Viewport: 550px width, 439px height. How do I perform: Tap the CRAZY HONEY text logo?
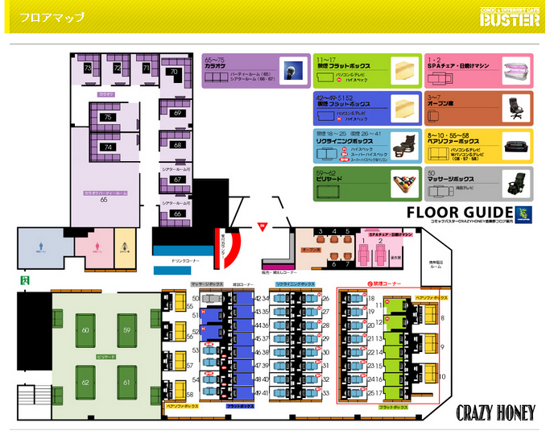click(x=495, y=412)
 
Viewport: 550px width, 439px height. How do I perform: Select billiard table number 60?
click(x=85, y=330)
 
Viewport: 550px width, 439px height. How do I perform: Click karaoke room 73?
click(x=88, y=69)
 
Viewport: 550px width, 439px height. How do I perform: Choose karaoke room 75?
click(x=106, y=118)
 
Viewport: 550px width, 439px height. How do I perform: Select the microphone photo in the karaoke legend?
click(x=292, y=70)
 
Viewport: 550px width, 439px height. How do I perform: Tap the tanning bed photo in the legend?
click(x=516, y=70)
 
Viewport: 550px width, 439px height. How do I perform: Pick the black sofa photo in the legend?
click(x=515, y=147)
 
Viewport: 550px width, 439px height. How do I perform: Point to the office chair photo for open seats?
click(x=515, y=106)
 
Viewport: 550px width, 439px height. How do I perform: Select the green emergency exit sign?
click(x=26, y=280)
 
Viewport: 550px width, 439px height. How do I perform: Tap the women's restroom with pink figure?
click(x=96, y=251)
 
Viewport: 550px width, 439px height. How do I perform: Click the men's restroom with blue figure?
click(x=43, y=251)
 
